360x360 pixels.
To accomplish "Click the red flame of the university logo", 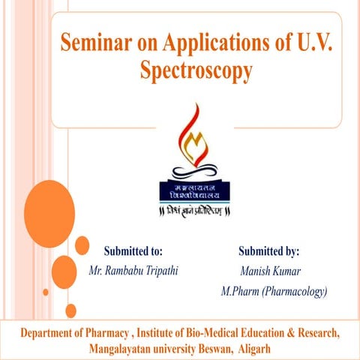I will (193, 127).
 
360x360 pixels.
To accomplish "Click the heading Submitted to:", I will (133, 250).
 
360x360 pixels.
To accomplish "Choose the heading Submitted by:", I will (268, 250).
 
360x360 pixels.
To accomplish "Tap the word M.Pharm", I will (238, 291).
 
